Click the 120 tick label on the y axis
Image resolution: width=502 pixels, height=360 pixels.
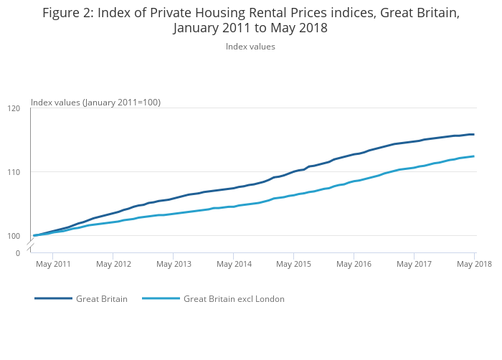click(14, 108)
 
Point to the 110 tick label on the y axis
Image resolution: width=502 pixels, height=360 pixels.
click(14, 172)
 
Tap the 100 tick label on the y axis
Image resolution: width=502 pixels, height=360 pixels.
click(14, 236)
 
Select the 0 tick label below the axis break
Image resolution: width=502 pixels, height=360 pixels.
click(18, 253)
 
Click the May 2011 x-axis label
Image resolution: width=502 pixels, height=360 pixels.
click(53, 265)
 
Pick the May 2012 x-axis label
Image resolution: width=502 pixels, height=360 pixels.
click(113, 265)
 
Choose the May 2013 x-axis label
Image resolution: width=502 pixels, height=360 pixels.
click(174, 265)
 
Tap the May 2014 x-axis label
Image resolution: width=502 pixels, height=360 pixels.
click(234, 265)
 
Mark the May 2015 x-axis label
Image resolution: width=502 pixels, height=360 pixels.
click(293, 265)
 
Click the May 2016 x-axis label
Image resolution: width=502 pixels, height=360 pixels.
click(354, 265)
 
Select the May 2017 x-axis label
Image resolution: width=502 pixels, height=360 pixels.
click(414, 265)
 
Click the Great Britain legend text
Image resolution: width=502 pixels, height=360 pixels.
click(102, 299)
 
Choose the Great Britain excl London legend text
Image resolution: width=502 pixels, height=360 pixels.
click(234, 299)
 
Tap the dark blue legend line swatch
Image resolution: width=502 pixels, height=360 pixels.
click(53, 299)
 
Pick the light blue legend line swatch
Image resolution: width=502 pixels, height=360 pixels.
click(161, 299)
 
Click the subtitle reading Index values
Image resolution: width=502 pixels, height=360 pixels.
click(250, 47)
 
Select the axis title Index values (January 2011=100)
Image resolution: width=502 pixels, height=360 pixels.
click(95, 103)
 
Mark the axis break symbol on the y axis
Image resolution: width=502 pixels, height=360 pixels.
click(31, 247)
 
